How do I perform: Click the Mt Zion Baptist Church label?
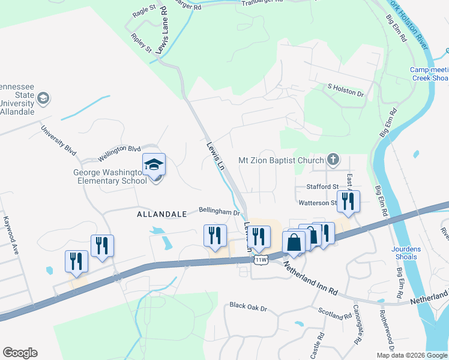[x=281, y=160]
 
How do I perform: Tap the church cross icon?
[x=334, y=160]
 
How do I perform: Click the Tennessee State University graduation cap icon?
[x=43, y=97]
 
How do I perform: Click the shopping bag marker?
[x=294, y=244]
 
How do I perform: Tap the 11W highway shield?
[x=260, y=259]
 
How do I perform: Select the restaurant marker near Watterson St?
[x=348, y=202]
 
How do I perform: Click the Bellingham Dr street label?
[x=220, y=211]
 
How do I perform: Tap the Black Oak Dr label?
[x=247, y=307]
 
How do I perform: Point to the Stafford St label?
[x=322, y=187]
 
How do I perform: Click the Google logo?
[x=20, y=353]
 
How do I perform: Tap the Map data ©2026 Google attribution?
[x=411, y=355]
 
